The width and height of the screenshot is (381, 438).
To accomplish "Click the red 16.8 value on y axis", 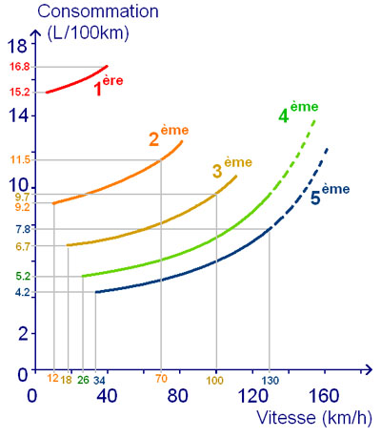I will coord(21,67).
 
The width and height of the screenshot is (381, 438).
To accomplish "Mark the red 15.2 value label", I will coord(21,92).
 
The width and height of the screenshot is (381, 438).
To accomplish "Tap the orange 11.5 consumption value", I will coord(21,158).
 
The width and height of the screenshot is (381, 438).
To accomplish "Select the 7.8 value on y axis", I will coord(23,229).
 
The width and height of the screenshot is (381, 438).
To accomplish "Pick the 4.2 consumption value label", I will coord(23,293).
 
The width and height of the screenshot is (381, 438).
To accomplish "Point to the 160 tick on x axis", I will coord(325,396).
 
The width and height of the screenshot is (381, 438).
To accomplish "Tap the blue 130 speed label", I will coord(271,381).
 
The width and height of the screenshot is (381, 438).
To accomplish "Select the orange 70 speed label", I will coord(161,381).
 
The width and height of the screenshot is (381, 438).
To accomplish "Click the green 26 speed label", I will coord(82,381).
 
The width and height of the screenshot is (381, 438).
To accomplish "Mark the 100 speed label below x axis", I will coord(216,381).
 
